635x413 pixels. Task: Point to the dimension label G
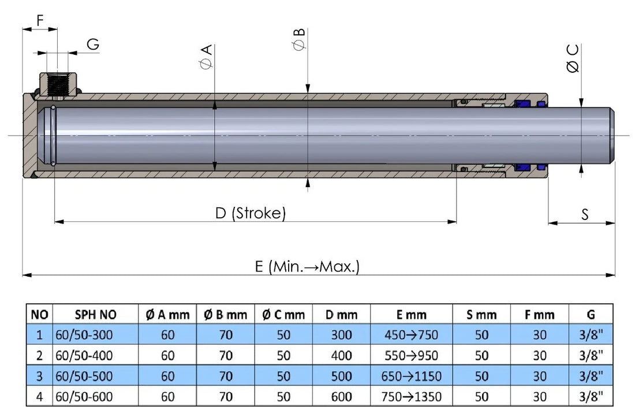(x=92, y=44)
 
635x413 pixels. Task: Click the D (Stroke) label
(x=250, y=213)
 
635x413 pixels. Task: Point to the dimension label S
(x=584, y=214)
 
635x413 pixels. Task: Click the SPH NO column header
(x=95, y=315)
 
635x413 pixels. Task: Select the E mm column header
(x=411, y=315)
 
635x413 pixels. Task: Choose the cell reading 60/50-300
(x=84, y=335)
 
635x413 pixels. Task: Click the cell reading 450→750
(x=411, y=335)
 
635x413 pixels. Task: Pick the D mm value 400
(x=341, y=356)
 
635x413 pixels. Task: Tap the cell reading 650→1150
(x=411, y=377)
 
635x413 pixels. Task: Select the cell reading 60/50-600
(x=84, y=397)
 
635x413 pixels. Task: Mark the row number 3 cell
(x=39, y=377)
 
